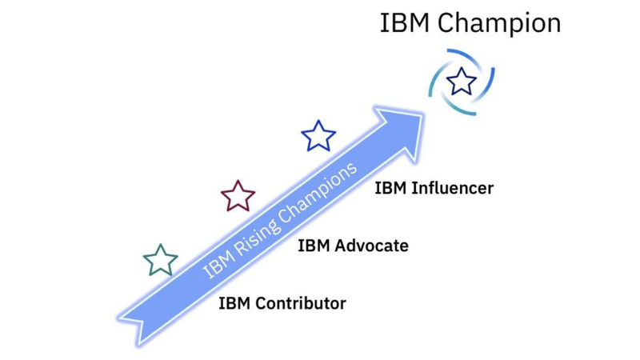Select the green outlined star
pyautogui.click(x=160, y=260)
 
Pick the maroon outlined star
pyautogui.click(x=238, y=196)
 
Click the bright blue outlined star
pyautogui.click(x=318, y=136)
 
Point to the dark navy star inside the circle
pyautogui.click(x=461, y=81)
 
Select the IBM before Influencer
pyautogui.click(x=390, y=189)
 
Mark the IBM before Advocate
pyautogui.click(x=313, y=246)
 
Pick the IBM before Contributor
pyautogui.click(x=234, y=304)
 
